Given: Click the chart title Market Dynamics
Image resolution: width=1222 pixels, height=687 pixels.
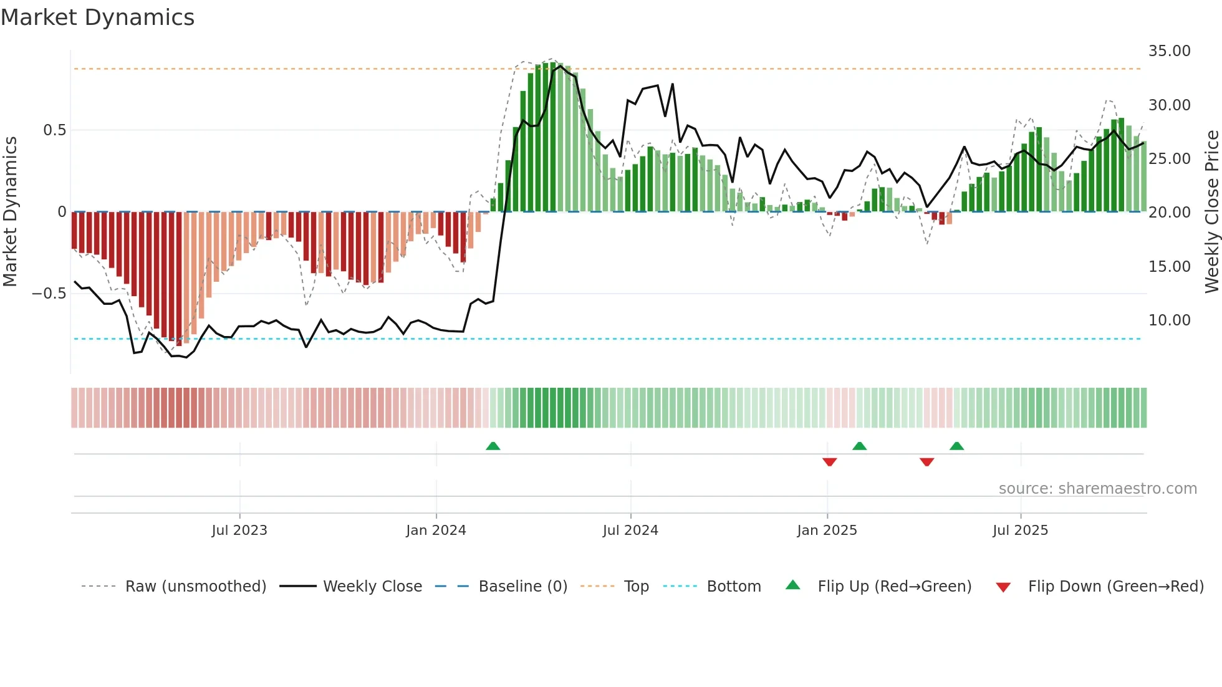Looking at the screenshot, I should click(97, 17).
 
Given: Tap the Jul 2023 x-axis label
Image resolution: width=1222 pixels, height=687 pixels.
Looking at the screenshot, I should click(239, 531).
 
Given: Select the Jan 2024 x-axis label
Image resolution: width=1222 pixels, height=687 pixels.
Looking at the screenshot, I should click(436, 531).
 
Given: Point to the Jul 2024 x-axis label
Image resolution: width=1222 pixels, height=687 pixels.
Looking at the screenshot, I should click(630, 531).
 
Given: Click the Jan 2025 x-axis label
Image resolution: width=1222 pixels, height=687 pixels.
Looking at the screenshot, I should click(827, 531).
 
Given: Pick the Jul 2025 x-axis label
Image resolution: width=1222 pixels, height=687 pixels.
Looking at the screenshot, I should click(1021, 531).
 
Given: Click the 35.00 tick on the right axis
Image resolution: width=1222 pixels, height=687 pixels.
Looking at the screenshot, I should click(1169, 51).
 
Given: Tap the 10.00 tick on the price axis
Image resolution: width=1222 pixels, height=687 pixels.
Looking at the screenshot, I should click(1169, 320).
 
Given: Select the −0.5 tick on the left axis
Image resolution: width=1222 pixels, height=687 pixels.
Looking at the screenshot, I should click(49, 294).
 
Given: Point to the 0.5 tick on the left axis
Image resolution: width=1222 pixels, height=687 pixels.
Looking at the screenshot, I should click(54, 130).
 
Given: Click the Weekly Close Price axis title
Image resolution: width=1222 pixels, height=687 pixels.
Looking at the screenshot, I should click(1211, 212).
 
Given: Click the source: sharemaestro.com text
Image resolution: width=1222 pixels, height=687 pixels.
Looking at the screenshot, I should click(1097, 489).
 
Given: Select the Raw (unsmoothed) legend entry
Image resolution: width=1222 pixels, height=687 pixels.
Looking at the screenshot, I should click(195, 587).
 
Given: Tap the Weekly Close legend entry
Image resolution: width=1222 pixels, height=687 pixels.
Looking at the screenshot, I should click(372, 587).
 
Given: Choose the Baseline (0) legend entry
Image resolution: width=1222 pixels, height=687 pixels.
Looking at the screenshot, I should click(522, 587).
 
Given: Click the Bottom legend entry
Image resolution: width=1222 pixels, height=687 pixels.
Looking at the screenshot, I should click(733, 587).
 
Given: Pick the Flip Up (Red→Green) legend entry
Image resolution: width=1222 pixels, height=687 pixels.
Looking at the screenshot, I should click(894, 587).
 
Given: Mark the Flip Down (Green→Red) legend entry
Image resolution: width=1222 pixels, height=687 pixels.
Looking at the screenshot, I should click(1115, 587).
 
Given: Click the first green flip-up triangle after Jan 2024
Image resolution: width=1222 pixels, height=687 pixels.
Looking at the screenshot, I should click(493, 446).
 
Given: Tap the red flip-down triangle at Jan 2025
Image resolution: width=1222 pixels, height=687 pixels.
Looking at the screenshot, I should click(829, 462).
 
